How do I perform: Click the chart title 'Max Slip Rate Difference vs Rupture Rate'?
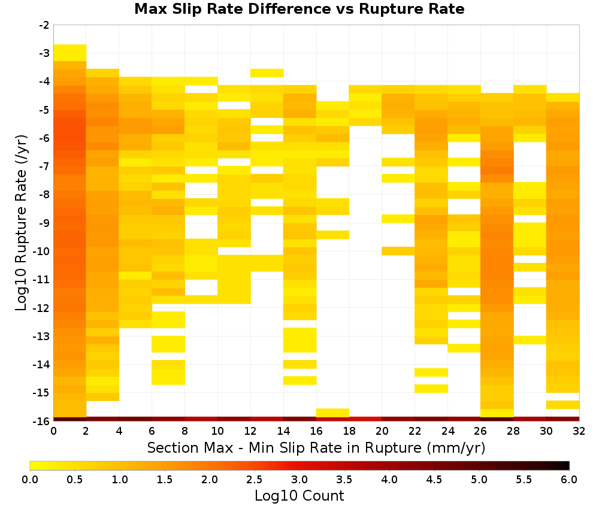pos(299,9)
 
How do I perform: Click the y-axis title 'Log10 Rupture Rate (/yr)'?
pos(21,223)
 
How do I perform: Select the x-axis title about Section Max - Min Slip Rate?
pos(316,447)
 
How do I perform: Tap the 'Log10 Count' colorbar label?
pos(299,496)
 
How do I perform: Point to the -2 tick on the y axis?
pos(44,25)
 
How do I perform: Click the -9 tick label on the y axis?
pos(44,223)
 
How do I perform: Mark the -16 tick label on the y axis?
pos(42,421)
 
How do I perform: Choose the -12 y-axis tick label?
pos(42,308)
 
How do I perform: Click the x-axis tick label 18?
pos(349,431)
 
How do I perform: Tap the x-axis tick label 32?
pos(579,431)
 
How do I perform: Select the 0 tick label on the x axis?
pos(53,431)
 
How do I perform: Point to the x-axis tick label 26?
pos(480,431)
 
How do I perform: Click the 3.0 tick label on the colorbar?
pos(299,479)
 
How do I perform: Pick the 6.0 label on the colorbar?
pos(569,479)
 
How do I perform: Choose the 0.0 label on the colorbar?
pos(30,479)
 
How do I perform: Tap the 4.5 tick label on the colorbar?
pos(434,479)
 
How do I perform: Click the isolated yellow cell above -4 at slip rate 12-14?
pos(267,73)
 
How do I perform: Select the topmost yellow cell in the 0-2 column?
pos(70,53)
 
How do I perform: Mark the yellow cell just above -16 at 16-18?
pos(332,413)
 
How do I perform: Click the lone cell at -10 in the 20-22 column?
pos(398,251)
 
